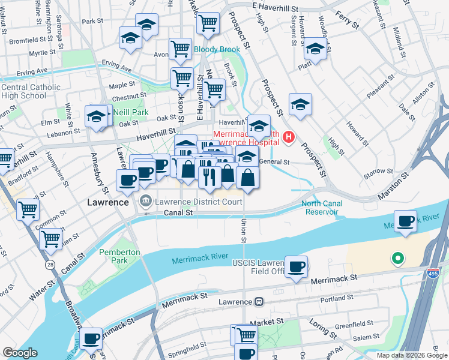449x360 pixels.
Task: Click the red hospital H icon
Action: pos(289,137)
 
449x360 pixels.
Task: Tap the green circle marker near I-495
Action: pos(396,259)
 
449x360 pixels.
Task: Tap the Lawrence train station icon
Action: pos(259,301)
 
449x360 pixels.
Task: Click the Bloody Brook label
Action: pos(216,49)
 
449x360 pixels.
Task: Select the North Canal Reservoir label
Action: pos(322,208)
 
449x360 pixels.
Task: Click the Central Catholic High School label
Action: pos(30,91)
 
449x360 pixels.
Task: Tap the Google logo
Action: pos(20,353)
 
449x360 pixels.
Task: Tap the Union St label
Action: pos(244,230)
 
